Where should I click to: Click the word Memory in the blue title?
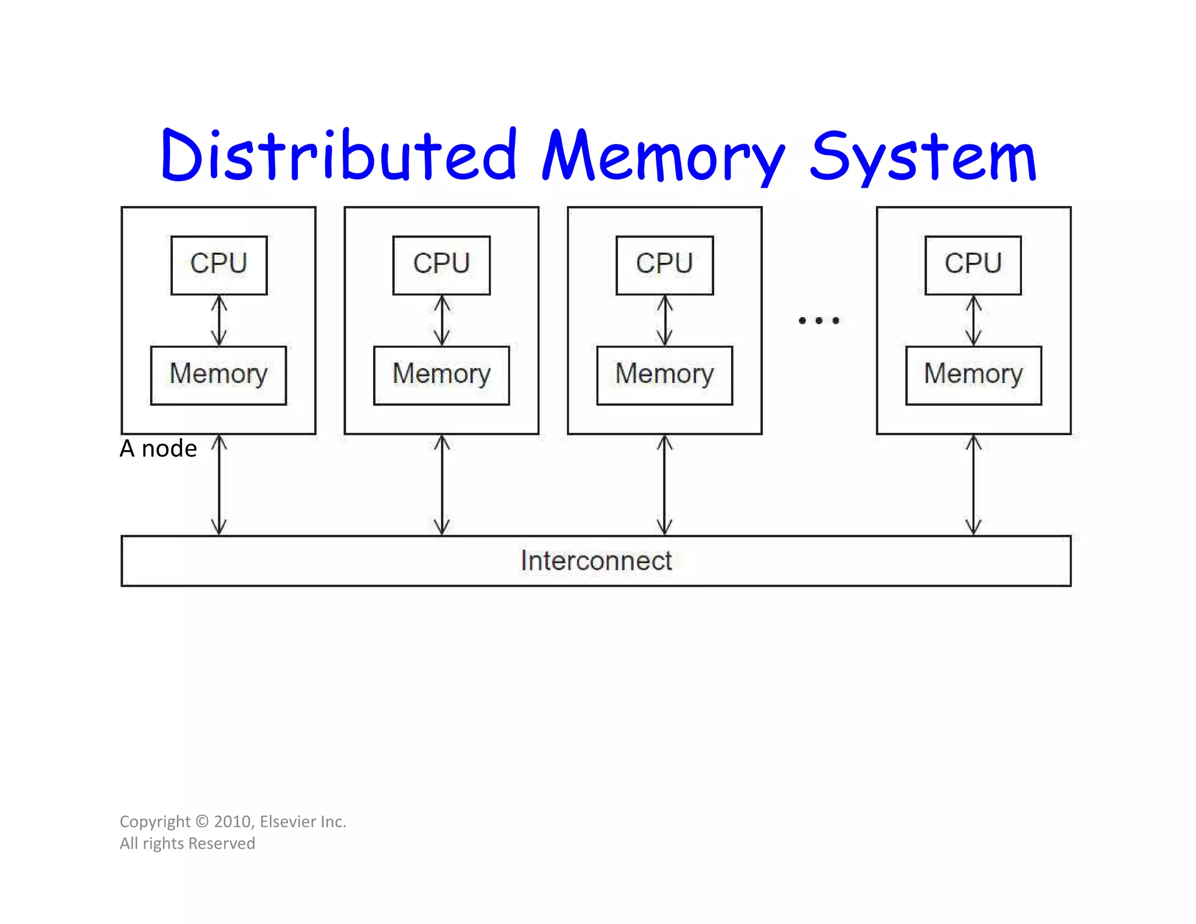click(x=663, y=157)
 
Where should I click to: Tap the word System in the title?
click(x=923, y=157)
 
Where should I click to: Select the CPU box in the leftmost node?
click(x=219, y=264)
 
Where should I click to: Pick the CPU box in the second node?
click(x=441, y=264)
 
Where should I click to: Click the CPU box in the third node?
click(x=665, y=264)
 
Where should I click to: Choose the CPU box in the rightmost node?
click(x=973, y=264)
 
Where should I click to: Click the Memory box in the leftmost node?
click(x=218, y=375)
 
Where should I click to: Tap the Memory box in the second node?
click(x=441, y=375)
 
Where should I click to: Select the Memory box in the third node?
click(x=665, y=375)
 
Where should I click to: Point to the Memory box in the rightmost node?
click(x=974, y=375)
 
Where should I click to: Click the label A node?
click(x=158, y=449)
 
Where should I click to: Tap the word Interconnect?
click(x=596, y=561)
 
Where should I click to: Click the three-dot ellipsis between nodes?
click(x=819, y=320)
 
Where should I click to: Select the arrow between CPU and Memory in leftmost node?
click(x=219, y=320)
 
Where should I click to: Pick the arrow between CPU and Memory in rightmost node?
click(x=974, y=320)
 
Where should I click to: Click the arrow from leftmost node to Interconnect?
click(x=219, y=485)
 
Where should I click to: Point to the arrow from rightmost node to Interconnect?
click(x=974, y=485)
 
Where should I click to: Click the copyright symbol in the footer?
click(x=202, y=821)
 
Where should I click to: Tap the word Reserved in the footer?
click(x=222, y=843)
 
